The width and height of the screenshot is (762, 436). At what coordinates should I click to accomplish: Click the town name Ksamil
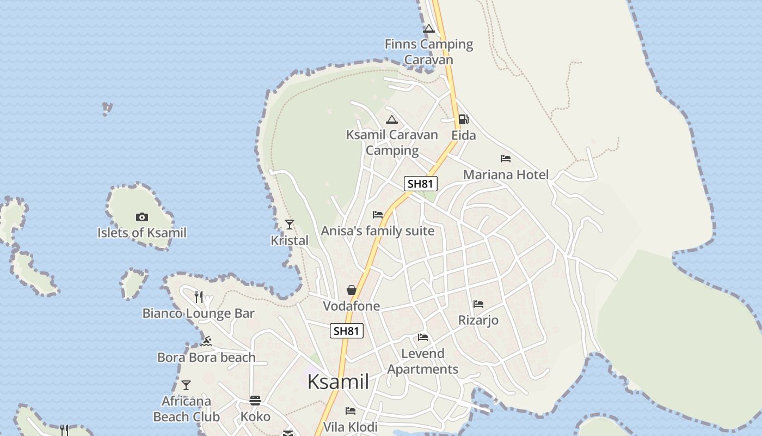tap(338, 381)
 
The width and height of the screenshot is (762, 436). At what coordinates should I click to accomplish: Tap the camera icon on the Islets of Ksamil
tap(142, 217)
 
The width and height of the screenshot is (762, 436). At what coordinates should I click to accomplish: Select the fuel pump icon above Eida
tap(463, 119)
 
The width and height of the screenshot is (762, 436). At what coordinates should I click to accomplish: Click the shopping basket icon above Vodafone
tap(352, 289)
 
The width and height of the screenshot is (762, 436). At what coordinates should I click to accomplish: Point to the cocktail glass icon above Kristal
tap(290, 224)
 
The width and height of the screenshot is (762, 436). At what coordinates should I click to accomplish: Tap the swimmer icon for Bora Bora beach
tap(206, 341)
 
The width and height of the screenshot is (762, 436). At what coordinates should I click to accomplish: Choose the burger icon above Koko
tap(255, 401)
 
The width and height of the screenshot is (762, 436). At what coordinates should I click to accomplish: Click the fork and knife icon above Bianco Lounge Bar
tap(199, 297)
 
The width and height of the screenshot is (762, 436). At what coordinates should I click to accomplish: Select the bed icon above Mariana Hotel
tap(506, 159)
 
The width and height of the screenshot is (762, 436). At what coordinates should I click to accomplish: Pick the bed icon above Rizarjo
tap(478, 304)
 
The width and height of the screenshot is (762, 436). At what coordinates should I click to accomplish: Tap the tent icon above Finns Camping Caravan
tap(429, 28)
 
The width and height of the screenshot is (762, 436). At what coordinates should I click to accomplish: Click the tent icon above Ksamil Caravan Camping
tap(392, 119)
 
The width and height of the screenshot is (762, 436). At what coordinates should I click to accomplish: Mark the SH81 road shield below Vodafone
tap(347, 331)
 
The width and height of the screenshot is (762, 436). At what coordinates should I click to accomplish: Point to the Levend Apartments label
tap(423, 361)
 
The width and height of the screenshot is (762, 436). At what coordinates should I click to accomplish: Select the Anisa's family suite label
tap(378, 231)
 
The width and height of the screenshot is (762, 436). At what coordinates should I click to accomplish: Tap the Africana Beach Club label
tap(186, 409)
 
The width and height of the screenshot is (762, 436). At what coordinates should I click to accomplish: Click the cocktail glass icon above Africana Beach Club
tap(186, 385)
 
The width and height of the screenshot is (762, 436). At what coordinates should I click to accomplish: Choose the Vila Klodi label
tap(351, 426)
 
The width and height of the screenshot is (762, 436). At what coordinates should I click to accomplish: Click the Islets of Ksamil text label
tap(142, 233)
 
